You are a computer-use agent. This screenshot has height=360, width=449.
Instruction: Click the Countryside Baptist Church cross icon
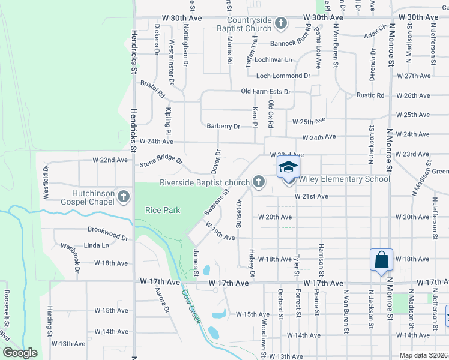[x=280, y=23]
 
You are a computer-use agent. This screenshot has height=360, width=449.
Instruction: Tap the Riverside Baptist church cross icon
[x=259, y=181]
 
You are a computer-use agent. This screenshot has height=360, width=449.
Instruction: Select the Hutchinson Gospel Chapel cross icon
[x=123, y=196]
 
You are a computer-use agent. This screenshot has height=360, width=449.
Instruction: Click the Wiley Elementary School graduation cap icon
[x=288, y=167]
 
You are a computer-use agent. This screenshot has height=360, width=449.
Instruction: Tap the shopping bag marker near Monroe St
[x=381, y=259]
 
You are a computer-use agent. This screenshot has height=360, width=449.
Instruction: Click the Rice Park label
[x=163, y=211]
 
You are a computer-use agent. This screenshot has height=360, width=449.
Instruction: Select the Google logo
[x=20, y=353]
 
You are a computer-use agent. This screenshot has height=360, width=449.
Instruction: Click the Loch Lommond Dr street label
[x=283, y=76]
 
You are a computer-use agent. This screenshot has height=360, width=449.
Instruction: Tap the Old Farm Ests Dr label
[x=266, y=92]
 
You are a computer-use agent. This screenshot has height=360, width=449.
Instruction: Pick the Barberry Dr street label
[x=223, y=127]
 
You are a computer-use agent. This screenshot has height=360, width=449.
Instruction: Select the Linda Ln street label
[x=97, y=245]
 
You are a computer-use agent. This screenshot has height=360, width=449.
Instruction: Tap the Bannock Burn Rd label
[x=284, y=43]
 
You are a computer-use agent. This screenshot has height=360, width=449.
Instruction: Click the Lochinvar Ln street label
[x=273, y=60]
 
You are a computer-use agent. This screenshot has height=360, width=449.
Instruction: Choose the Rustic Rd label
[x=370, y=95]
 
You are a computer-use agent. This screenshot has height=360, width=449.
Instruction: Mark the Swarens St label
[x=217, y=203]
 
